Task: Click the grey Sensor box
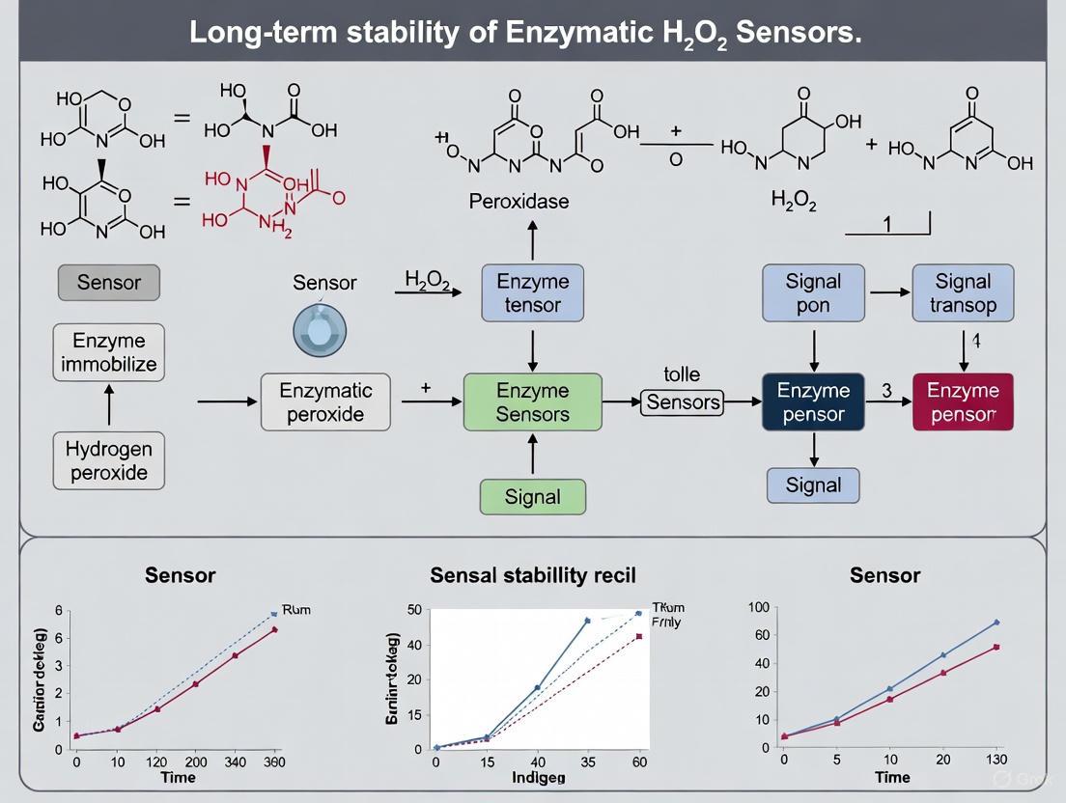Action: point(109,283)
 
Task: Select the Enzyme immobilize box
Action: point(109,353)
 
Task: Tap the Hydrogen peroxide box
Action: point(109,460)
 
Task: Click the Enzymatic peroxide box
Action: point(326,402)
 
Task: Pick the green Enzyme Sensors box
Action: point(532,402)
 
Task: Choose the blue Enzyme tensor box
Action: point(532,293)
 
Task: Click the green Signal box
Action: point(532,497)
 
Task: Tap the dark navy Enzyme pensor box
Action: point(813,402)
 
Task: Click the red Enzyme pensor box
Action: point(963,402)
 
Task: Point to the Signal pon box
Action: point(813,293)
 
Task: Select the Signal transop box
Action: point(963,293)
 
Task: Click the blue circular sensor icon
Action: point(320,330)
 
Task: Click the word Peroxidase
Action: point(519,202)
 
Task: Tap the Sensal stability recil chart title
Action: point(532,576)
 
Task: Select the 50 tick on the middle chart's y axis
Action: point(415,609)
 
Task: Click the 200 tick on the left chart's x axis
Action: point(195,762)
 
